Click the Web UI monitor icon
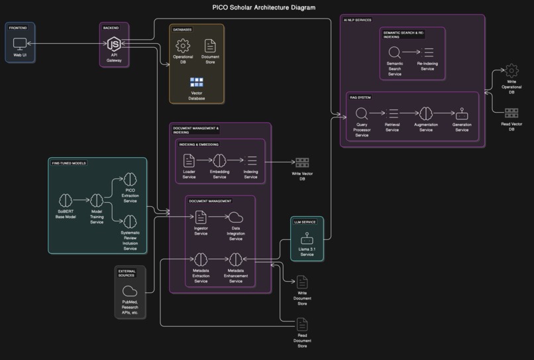[20, 44]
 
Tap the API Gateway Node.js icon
[114, 44]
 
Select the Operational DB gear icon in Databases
[183, 46]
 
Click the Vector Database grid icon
[197, 82]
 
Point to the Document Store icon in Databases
[210, 46]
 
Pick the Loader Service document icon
[189, 160]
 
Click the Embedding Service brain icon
[219, 160]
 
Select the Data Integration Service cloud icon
[235, 217]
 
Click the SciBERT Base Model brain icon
[65, 200]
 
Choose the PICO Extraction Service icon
[130, 180]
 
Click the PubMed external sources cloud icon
[130, 290]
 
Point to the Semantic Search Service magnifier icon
[394, 52]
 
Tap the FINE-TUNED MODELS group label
[69, 162]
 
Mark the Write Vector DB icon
[302, 162]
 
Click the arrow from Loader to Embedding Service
[203, 160]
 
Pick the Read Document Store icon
[302, 324]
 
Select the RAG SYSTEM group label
[361, 97]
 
